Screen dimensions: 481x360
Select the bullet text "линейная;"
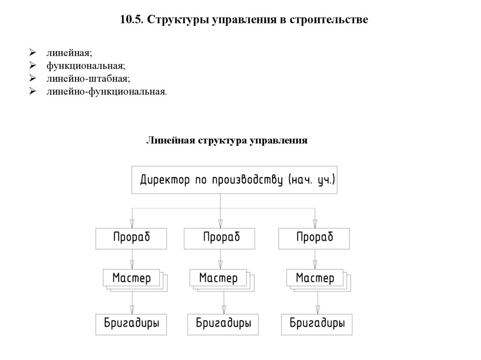65,53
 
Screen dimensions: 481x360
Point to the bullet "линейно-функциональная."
106,91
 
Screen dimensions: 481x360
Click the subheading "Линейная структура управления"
227,140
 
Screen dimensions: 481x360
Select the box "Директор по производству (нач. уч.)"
234,180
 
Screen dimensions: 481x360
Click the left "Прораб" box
131,238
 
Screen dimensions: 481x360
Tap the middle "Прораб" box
220,238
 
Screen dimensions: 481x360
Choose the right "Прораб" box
314,238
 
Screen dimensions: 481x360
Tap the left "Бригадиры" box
131,324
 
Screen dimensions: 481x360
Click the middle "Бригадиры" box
223,324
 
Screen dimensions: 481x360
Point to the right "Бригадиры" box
317,324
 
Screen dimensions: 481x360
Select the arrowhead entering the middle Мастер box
220,265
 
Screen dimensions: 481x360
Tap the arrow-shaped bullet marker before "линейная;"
32,53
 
